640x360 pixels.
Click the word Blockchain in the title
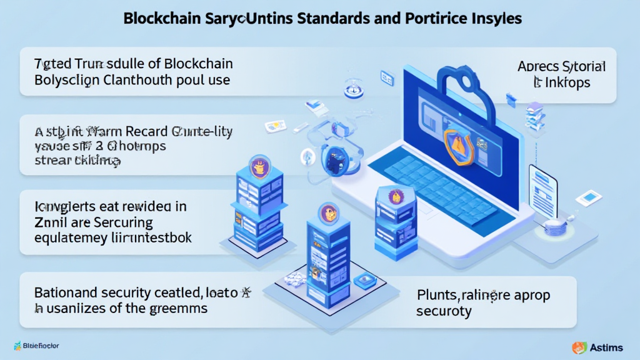tap(157, 18)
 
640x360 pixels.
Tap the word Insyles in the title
tap(496, 18)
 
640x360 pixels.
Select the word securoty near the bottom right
tap(444, 311)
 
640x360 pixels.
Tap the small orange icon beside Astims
tap(579, 347)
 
